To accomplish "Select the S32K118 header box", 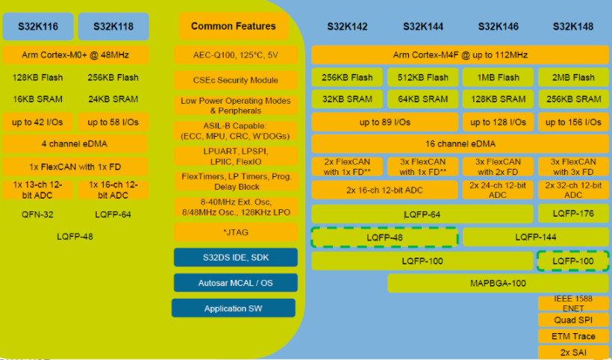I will [113, 26].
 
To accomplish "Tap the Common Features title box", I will [234, 26].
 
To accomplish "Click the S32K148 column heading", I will [572, 26].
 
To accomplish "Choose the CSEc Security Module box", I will [236, 80].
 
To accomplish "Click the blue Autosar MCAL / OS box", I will [236, 282].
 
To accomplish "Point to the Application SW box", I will [234, 308].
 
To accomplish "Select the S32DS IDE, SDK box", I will [236, 258].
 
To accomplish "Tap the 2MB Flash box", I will [573, 77].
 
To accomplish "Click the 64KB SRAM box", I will [422, 99].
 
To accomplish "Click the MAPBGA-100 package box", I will [498, 283].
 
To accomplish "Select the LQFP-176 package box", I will [573, 214].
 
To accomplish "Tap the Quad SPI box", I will [573, 320].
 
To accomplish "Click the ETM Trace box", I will [573, 336].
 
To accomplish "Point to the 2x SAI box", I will [573, 352].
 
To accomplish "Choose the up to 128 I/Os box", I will [498, 122].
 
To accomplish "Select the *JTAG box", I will [236, 232].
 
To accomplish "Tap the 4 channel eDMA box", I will [75, 143].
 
